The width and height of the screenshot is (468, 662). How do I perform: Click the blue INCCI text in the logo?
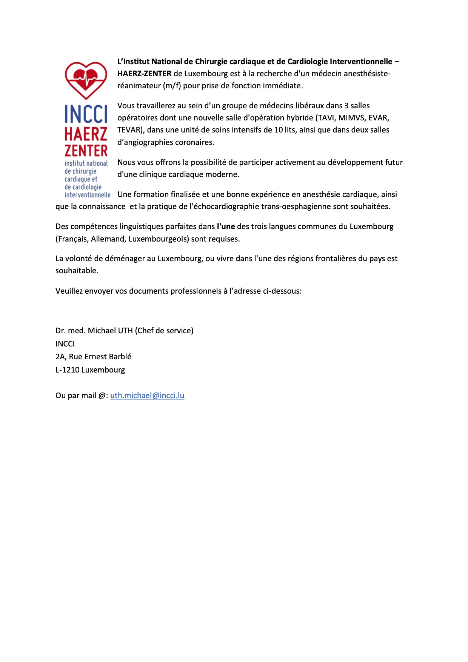coord(86,114)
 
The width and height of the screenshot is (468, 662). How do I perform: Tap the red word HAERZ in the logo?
coord(86,134)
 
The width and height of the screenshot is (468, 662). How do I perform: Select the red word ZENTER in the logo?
coord(86,151)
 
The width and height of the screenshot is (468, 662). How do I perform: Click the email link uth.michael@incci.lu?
coord(147,396)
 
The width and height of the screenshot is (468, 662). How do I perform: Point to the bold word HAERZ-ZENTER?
coord(145,74)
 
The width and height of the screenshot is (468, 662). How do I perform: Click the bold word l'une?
coord(226,226)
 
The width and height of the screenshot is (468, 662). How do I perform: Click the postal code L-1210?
coord(67,370)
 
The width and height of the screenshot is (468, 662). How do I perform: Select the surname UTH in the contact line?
coord(125,331)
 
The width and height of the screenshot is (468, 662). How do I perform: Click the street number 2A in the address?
coord(60,357)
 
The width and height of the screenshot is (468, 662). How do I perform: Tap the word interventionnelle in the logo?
coord(88,195)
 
